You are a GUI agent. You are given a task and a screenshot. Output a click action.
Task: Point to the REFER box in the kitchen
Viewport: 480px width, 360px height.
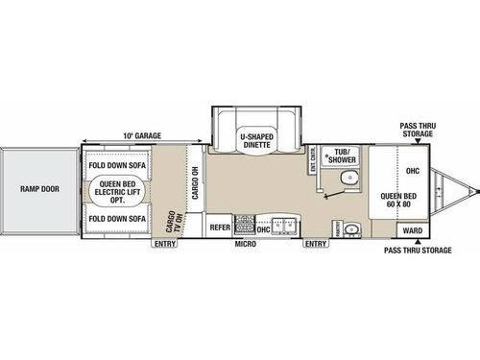click(x=220, y=228)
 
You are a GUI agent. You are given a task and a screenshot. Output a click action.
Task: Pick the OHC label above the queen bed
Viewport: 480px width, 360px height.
click(x=413, y=172)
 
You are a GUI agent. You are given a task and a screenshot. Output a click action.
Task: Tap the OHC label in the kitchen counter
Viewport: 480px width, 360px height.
click(x=264, y=229)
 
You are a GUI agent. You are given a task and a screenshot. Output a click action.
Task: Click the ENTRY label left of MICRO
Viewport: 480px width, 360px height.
click(x=164, y=244)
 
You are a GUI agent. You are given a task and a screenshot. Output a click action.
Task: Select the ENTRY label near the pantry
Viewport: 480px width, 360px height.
click(x=314, y=244)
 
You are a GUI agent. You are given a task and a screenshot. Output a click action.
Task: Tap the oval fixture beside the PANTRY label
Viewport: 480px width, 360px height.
click(x=352, y=228)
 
